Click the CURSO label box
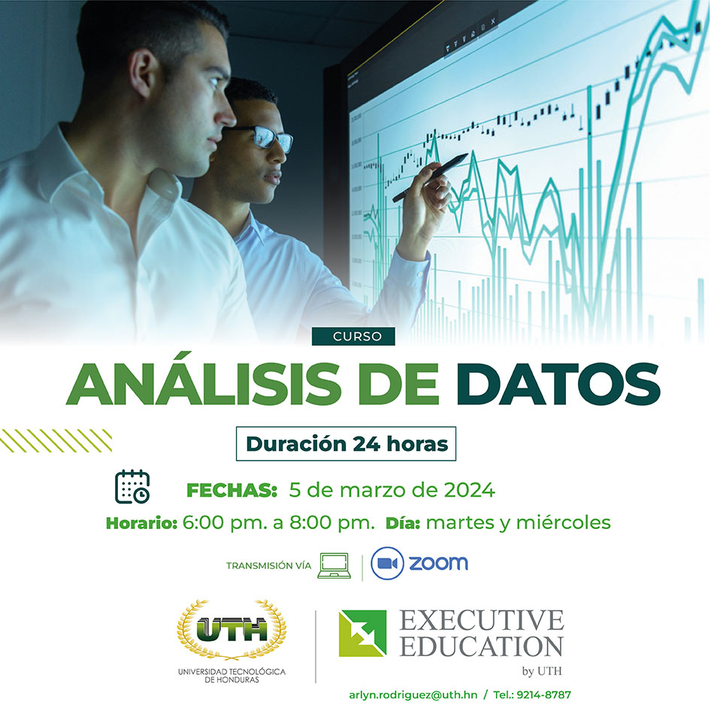[353, 337]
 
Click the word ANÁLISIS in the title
[204, 383]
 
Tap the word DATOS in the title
[558, 383]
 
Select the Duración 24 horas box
[346, 443]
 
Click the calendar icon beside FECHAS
[132, 486]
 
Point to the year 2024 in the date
[470, 491]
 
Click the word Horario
[141, 524]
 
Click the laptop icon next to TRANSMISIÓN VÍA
[334, 565]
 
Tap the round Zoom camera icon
[387, 563]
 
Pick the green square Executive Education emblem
[362, 634]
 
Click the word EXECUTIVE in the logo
[482, 620]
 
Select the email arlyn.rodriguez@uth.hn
[413, 695]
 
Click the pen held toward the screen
[430, 177]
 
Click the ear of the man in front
[143, 73]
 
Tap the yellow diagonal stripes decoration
[56, 440]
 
